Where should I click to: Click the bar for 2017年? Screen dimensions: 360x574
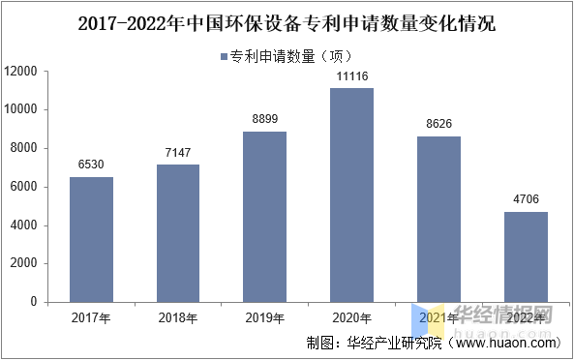point(91,239)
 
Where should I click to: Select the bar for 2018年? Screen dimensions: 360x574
point(178,233)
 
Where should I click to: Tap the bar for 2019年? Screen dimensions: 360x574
point(264,217)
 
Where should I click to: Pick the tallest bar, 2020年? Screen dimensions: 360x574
point(351,195)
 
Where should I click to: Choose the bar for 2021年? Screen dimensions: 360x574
point(438,219)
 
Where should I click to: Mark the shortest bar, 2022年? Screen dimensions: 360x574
point(526,256)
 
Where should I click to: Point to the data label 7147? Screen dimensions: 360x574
point(178,155)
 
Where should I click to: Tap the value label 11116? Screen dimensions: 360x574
point(351,76)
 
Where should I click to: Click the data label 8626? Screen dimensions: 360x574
point(438,126)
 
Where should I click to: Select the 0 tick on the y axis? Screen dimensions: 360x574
point(34,302)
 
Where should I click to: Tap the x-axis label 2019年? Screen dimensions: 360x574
point(264,317)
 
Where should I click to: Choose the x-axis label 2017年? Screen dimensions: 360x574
point(91,317)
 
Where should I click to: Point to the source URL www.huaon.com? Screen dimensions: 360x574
point(503,343)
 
